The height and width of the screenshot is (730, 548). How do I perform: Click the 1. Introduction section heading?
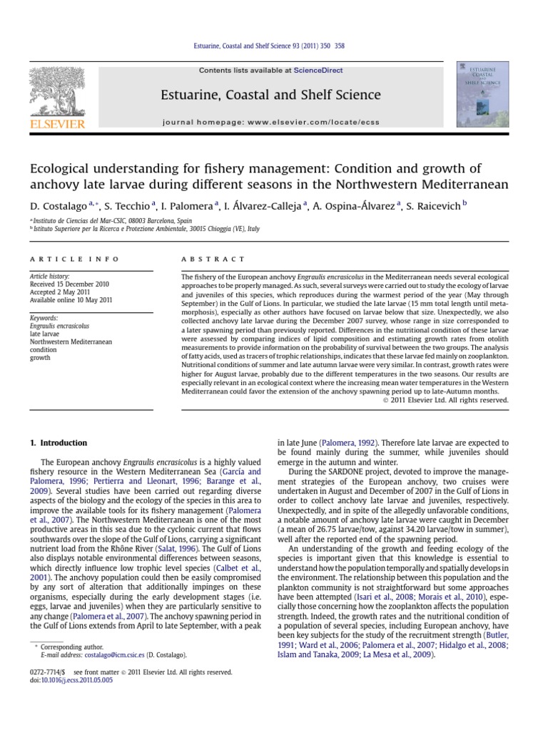[x=59, y=443]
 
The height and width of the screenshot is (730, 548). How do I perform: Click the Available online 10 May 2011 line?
[x=71, y=300]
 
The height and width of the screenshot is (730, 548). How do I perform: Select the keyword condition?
[x=43, y=350]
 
